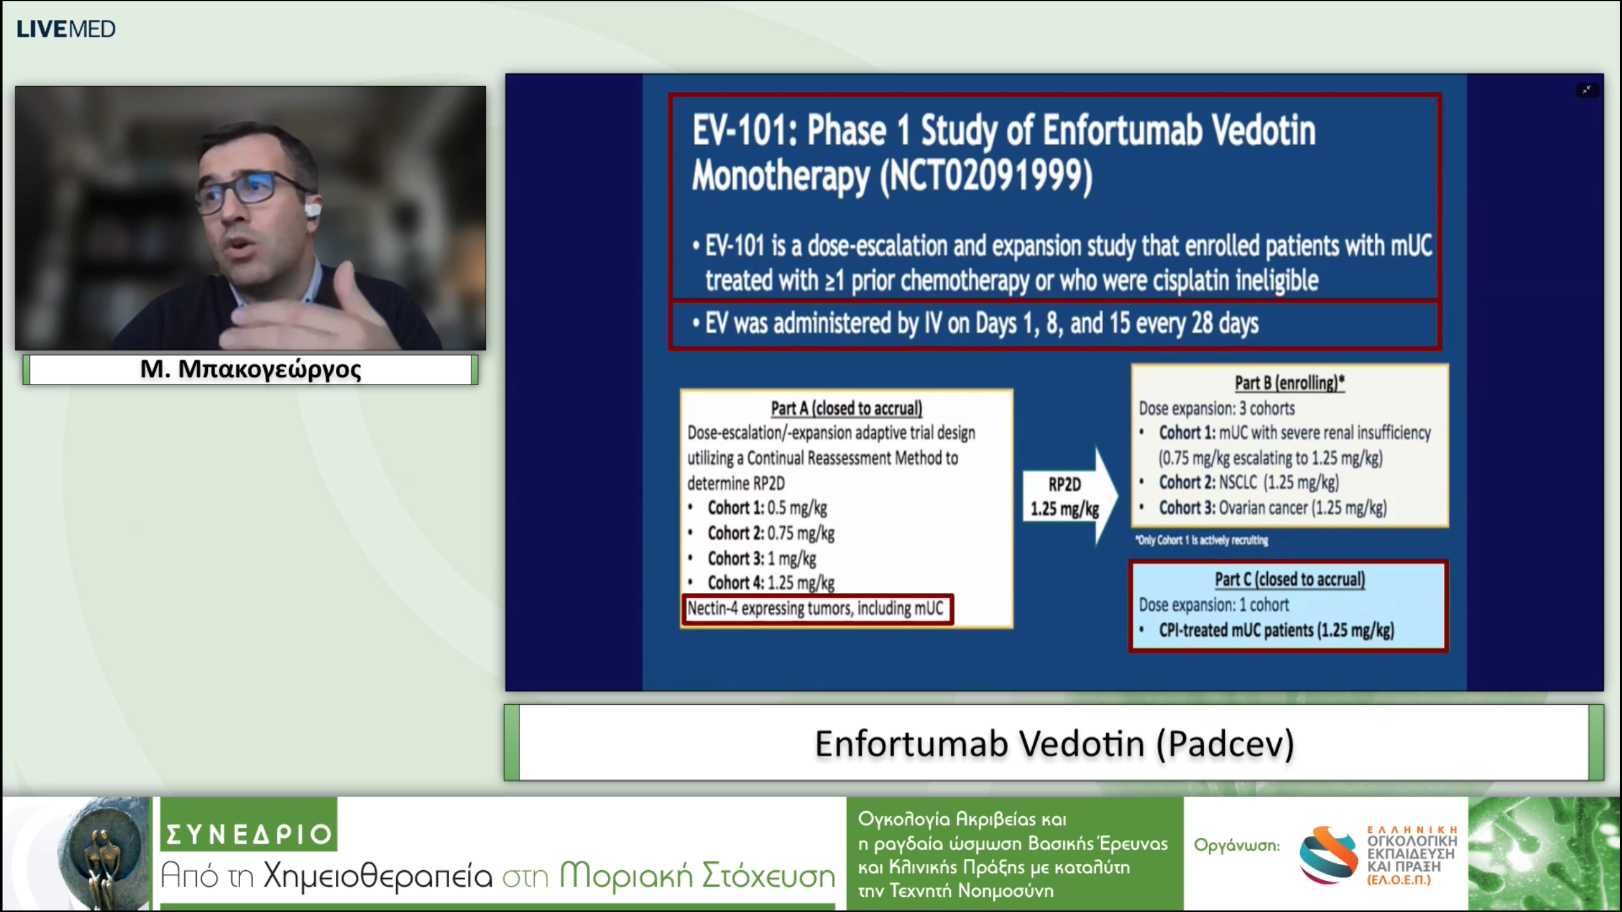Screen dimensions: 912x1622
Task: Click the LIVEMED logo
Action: (65, 29)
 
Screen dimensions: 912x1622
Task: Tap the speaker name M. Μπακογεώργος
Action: (250, 369)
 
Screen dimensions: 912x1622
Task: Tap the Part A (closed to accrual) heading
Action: (846, 408)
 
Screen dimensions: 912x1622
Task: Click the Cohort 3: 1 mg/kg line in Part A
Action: (762, 559)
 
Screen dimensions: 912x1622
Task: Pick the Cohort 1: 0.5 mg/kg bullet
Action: (767, 508)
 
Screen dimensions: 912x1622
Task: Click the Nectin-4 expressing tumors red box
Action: (816, 609)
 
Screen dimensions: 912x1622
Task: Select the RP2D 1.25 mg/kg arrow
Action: (1068, 497)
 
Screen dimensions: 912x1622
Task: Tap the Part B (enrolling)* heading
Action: (1289, 383)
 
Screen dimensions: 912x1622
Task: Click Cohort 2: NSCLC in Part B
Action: (1248, 483)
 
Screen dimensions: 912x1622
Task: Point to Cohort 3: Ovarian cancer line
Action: (1272, 508)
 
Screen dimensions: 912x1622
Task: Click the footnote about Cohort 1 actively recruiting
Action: (1202, 540)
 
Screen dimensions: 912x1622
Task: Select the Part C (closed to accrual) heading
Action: (1289, 579)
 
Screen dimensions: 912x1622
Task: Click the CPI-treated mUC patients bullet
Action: (1276, 630)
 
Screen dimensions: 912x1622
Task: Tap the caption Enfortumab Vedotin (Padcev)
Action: (1054, 744)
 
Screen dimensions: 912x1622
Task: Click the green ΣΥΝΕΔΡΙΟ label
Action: (248, 833)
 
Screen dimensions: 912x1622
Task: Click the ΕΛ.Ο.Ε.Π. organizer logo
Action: (1379, 855)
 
